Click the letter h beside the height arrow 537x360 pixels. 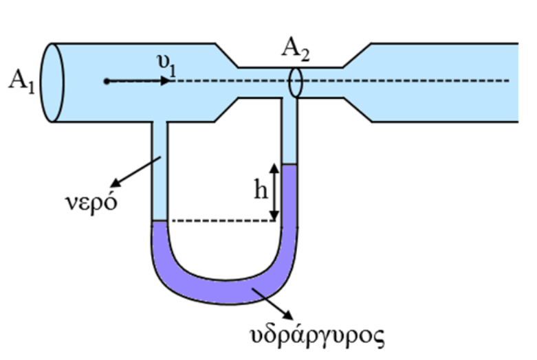click(261, 191)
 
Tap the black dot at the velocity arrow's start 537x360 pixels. click(106, 81)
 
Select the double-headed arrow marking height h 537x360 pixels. click(274, 192)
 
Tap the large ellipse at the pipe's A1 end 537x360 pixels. click(53, 82)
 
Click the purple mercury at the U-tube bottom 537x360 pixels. click(220, 292)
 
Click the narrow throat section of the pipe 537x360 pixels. click(261, 82)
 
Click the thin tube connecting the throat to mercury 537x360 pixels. click(289, 131)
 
